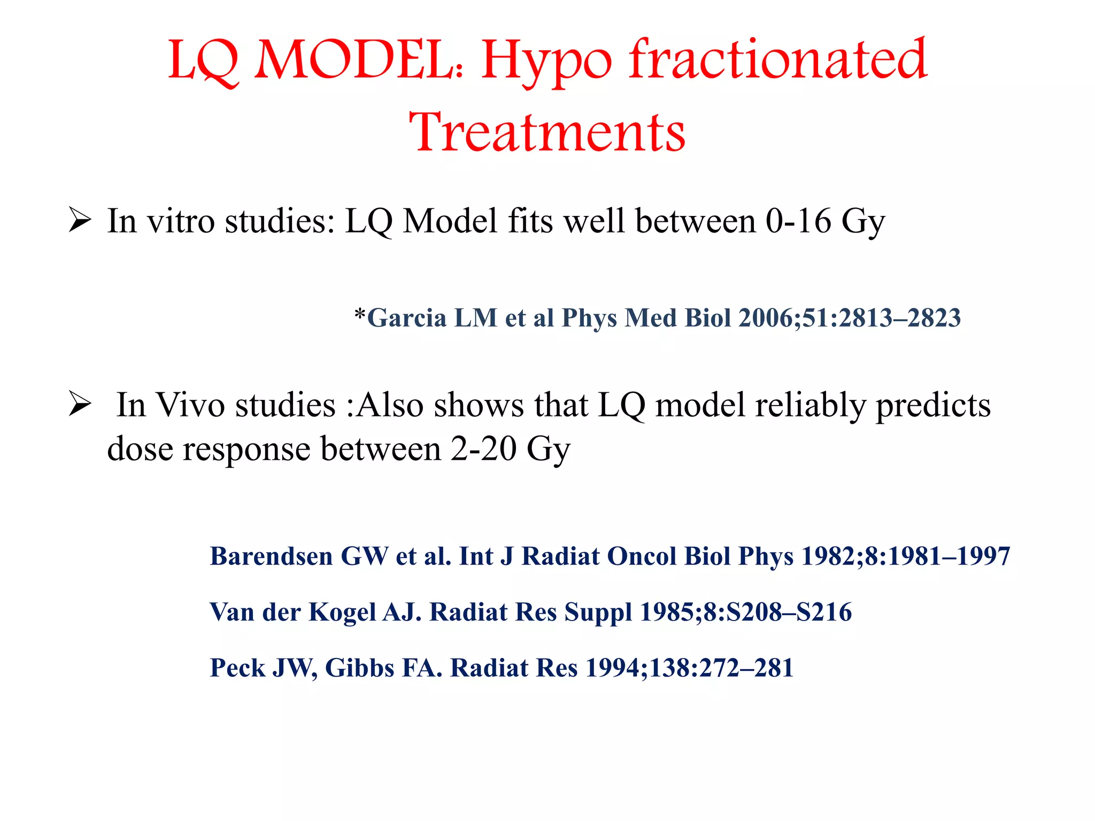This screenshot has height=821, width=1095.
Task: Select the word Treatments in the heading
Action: pos(547,132)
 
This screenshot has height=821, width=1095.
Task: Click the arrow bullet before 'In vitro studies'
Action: pos(80,220)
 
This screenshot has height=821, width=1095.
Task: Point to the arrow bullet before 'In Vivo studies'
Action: pos(80,405)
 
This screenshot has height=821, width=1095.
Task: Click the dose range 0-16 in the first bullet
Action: pos(798,220)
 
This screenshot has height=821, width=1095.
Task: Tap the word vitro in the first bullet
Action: pos(181,220)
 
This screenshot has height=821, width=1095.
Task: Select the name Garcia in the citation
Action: pos(407,317)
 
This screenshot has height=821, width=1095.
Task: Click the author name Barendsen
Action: pos(271,556)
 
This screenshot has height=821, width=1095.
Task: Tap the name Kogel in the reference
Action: pos(342,612)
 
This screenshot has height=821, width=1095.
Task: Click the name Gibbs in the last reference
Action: pos(359,668)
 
